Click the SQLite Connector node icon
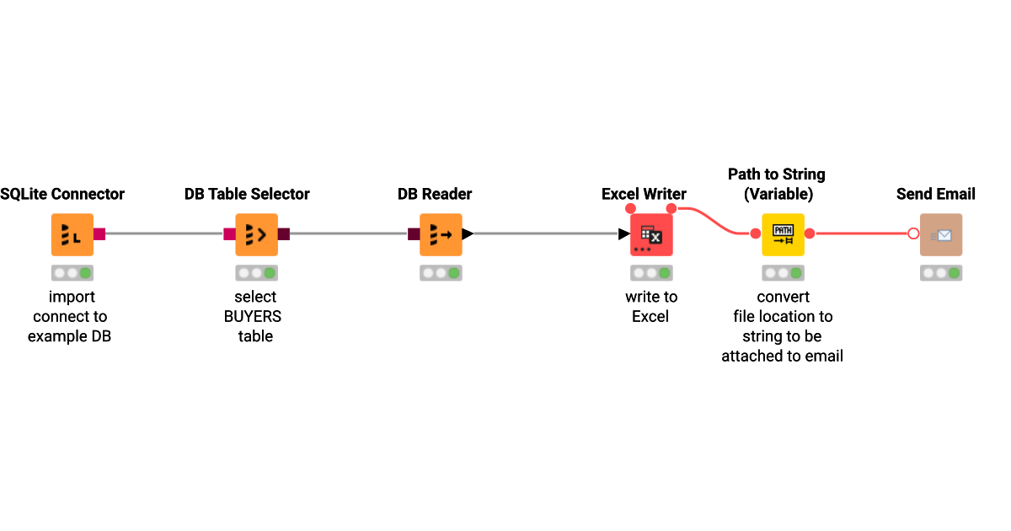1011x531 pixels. [72, 234]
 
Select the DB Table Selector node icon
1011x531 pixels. [256, 234]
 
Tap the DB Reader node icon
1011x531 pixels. [441, 234]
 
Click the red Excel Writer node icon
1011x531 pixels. [651, 234]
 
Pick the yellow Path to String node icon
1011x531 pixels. [784, 234]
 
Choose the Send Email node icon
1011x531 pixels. [941, 234]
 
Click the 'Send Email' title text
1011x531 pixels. [935, 194]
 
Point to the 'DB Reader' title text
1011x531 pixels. [435, 194]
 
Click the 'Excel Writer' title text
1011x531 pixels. [644, 194]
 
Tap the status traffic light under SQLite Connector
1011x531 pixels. [72, 273]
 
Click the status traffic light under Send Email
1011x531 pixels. [941, 273]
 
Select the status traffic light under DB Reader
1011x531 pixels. [441, 273]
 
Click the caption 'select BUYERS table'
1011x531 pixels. [254, 316]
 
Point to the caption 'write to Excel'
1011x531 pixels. [650, 307]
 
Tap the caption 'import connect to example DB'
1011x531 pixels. [71, 316]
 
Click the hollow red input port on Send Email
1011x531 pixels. [913, 233]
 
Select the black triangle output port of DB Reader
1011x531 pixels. [468, 233]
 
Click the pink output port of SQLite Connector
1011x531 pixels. [99, 233]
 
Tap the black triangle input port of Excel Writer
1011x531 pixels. [624, 233]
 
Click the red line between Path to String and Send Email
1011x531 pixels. [859, 233]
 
